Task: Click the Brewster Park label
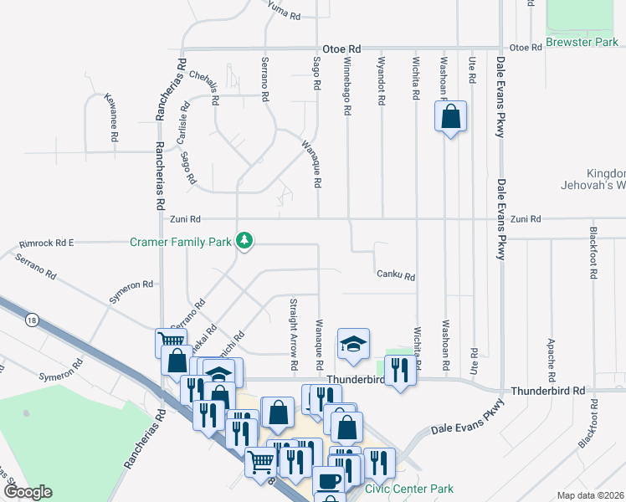click(x=581, y=41)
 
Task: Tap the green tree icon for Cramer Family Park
click(x=244, y=241)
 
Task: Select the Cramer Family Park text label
click(x=180, y=243)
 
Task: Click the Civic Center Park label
click(x=409, y=489)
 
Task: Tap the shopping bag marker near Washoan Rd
click(x=450, y=117)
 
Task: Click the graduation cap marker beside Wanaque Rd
click(x=353, y=344)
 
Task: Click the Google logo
click(x=27, y=492)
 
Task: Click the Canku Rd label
click(x=396, y=274)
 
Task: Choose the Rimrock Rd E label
click(x=47, y=243)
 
